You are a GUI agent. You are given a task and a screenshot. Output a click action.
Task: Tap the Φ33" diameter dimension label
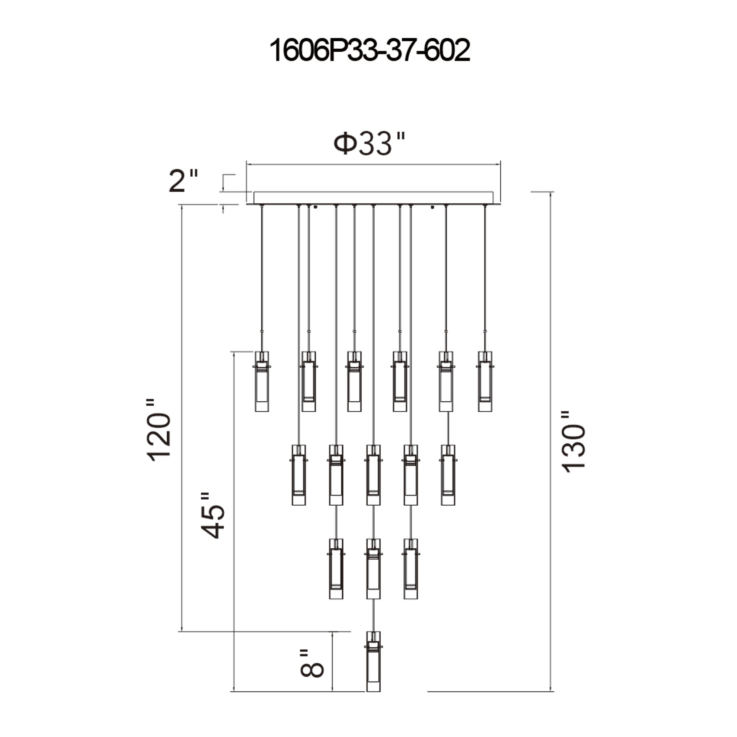(x=368, y=144)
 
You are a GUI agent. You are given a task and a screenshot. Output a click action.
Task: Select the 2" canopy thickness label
(x=184, y=181)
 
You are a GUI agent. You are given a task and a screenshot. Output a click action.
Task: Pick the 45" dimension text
(x=212, y=516)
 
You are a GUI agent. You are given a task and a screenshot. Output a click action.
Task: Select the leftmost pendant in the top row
(x=262, y=381)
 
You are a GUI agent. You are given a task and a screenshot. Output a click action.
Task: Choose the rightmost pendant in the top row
(x=485, y=381)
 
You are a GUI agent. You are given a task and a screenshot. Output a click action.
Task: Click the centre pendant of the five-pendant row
(x=373, y=475)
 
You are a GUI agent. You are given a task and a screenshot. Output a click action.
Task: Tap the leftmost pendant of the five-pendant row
(x=299, y=475)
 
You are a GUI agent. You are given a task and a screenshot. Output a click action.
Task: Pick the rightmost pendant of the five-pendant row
(x=447, y=475)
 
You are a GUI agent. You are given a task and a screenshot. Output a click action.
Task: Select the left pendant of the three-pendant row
(x=336, y=568)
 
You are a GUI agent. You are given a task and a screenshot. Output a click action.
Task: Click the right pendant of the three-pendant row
(x=411, y=568)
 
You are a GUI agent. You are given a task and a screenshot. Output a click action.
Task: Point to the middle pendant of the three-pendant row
(x=373, y=568)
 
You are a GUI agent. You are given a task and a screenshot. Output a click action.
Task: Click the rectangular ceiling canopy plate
(x=373, y=198)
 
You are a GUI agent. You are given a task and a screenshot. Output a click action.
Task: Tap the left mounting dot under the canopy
(x=315, y=207)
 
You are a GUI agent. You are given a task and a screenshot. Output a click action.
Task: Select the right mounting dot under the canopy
(x=432, y=207)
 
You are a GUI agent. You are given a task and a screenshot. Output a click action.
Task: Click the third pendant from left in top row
(x=354, y=381)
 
